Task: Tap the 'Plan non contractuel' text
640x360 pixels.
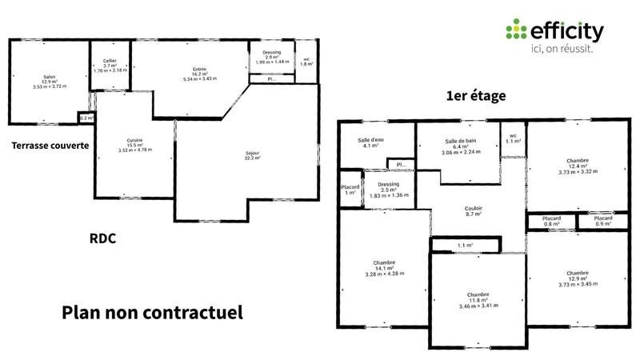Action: click(x=152, y=311)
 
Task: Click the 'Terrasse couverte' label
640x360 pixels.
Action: click(x=50, y=146)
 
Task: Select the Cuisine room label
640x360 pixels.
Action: click(x=134, y=146)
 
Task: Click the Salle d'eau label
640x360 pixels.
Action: click(x=372, y=143)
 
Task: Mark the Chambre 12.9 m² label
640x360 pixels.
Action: click(x=577, y=277)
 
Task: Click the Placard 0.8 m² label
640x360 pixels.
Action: click(x=552, y=222)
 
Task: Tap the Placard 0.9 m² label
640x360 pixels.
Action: click(x=603, y=222)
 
